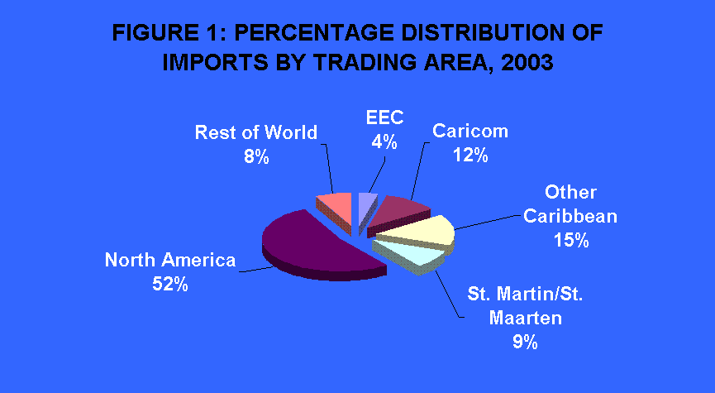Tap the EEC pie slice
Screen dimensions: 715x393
click(366, 205)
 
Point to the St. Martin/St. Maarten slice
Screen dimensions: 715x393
click(410, 256)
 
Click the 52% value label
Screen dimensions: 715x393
click(170, 285)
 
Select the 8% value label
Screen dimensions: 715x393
click(256, 156)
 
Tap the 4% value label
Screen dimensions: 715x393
click(384, 142)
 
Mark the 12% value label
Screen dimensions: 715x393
click(470, 156)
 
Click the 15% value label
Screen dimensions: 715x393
click(571, 240)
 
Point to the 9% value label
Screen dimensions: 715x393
click(525, 342)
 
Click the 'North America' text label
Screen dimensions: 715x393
click(170, 260)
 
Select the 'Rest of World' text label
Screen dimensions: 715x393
click(256, 132)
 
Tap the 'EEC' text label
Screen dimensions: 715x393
click(385, 117)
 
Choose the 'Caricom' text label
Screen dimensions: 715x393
click(470, 131)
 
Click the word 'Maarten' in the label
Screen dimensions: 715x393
click(526, 318)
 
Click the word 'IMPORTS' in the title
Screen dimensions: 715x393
click(215, 63)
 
